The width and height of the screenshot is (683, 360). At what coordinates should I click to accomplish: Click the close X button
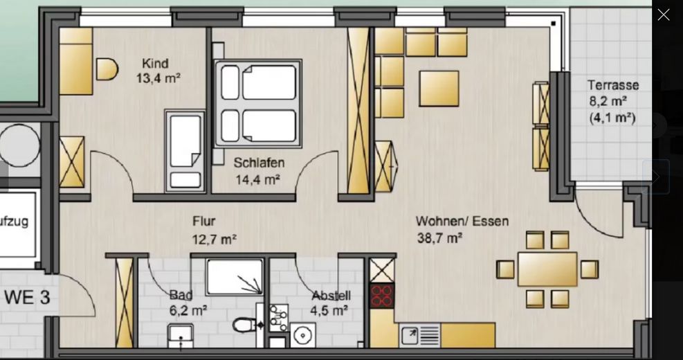[663, 15]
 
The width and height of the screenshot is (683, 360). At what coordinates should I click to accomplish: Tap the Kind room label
[155, 64]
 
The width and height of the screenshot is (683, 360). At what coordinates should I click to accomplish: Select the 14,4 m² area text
[257, 179]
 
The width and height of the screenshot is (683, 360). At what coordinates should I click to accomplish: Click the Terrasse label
[613, 85]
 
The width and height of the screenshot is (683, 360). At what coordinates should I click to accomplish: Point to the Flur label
[203, 222]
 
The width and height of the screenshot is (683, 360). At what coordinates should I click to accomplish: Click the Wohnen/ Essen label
[462, 222]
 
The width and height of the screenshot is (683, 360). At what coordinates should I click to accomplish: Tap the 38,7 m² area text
[439, 238]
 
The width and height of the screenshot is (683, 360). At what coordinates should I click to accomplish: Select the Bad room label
[181, 296]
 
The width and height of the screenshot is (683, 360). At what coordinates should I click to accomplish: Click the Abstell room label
[331, 296]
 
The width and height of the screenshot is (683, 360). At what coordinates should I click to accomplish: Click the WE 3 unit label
[27, 298]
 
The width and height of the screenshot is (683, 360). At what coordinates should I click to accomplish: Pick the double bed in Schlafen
[258, 103]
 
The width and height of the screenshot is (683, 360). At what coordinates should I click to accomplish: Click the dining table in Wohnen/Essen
[547, 269]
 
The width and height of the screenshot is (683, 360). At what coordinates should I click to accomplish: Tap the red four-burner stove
[381, 296]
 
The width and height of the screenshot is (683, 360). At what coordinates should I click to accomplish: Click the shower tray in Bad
[235, 277]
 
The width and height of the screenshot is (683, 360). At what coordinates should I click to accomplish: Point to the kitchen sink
[420, 336]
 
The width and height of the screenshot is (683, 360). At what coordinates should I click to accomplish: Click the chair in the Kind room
[107, 69]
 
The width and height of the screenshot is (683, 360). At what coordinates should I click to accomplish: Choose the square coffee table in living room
[439, 89]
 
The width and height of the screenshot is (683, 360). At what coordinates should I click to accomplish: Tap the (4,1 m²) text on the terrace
[612, 118]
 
